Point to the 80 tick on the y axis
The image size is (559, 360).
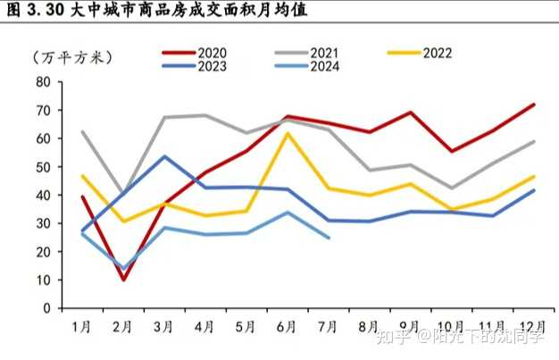tap(42, 82)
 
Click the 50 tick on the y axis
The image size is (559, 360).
tap(42, 167)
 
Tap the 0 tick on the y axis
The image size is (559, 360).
tap(46, 308)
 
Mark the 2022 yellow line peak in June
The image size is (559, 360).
tap(288, 134)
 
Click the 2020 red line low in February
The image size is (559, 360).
tap(123, 280)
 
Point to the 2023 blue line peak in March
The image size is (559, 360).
tap(164, 156)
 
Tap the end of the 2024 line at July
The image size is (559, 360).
tap(329, 238)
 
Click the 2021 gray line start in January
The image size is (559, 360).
tap(82, 132)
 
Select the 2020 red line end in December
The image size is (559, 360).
tap(534, 105)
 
